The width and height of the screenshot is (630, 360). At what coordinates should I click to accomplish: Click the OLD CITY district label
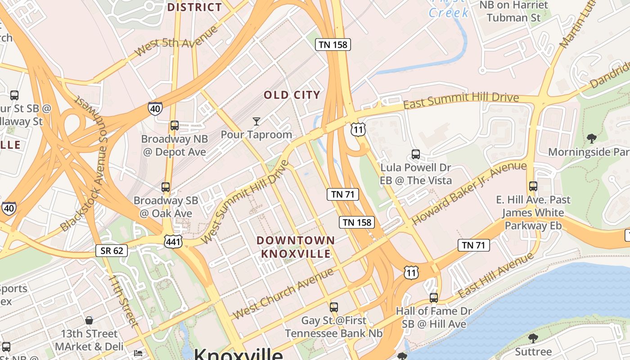(x=292, y=95)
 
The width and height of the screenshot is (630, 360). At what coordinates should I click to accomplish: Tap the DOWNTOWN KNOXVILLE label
(x=296, y=247)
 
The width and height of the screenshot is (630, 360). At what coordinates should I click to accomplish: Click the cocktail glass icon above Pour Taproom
(x=256, y=121)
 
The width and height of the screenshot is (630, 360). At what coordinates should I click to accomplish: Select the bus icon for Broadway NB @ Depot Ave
(x=174, y=126)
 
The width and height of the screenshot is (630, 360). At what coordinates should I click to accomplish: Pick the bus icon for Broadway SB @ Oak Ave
(x=166, y=187)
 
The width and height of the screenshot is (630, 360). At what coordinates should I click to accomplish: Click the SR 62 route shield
(x=112, y=251)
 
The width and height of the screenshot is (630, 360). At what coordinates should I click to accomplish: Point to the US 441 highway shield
(x=173, y=242)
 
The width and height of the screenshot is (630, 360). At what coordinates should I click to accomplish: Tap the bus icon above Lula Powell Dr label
(x=416, y=154)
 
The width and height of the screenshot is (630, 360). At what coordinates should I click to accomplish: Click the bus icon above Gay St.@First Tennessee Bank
(x=333, y=307)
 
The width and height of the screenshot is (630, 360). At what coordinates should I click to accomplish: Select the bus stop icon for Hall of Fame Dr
(x=433, y=297)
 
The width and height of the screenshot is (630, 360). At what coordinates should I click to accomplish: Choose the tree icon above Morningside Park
(x=591, y=138)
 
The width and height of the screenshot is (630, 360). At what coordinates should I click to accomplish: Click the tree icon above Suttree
(x=533, y=337)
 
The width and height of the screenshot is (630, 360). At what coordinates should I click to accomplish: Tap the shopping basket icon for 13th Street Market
(x=89, y=320)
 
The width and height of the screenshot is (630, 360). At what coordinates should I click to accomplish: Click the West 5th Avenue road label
(x=176, y=41)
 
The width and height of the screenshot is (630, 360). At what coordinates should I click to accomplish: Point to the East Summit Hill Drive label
(x=461, y=100)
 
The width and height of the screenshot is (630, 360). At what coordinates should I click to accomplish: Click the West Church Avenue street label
(x=283, y=293)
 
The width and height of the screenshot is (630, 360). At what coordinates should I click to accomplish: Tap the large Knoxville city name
(x=238, y=354)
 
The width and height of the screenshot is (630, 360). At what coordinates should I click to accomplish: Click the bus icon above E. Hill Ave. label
(x=533, y=186)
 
